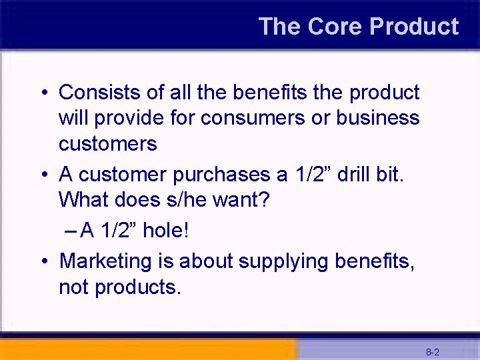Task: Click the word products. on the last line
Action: pos(138,287)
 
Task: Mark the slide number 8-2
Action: pos(432,351)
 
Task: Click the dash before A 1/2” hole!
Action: pos(71,231)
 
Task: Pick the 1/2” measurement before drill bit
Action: pos(313,175)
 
